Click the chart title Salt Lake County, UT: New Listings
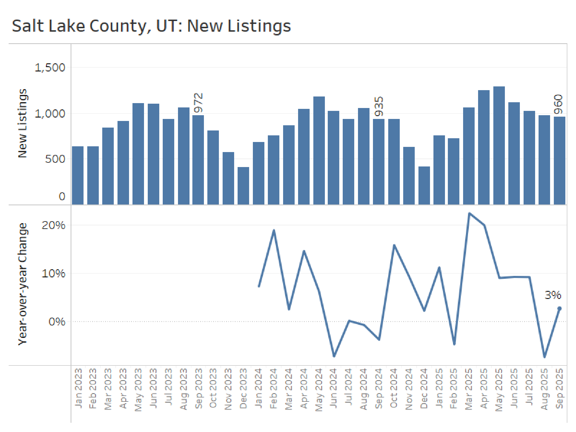pyautogui.click(x=151, y=26)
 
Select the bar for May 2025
pyautogui.click(x=499, y=145)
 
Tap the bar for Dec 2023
pyautogui.click(x=243, y=186)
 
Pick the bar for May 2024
pyautogui.click(x=319, y=150)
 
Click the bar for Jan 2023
pyautogui.click(x=78, y=175)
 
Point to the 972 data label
pyautogui.click(x=198, y=103)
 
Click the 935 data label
pyautogui.click(x=379, y=106)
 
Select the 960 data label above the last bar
pyautogui.click(x=558, y=104)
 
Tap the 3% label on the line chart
pyautogui.click(x=553, y=295)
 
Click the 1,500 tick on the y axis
pyautogui.click(x=50, y=68)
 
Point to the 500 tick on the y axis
pyautogui.click(x=55, y=159)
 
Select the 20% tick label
pyautogui.click(x=53, y=225)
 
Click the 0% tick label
pyautogui.click(x=57, y=321)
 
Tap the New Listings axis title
pyautogui.click(x=22, y=123)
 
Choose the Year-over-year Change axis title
pyautogui.click(x=22, y=284)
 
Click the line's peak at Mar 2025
pyautogui.click(x=469, y=213)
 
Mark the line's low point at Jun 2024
pyautogui.click(x=334, y=356)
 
